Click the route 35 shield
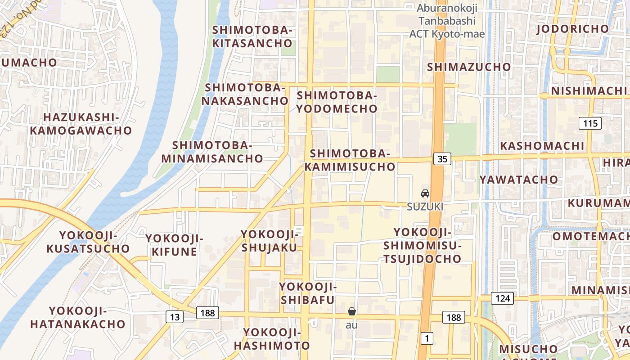pyautogui.click(x=443, y=158)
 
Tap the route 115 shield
pyautogui.click(x=590, y=123)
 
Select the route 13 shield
pyautogui.click(x=175, y=317)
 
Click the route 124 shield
pyautogui.click(x=502, y=298)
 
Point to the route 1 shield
pyautogui.click(x=426, y=338)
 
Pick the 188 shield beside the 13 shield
pyautogui.click(x=207, y=312)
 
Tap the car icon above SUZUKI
pyautogui.click(x=425, y=194)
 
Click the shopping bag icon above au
pyautogui.click(x=352, y=311)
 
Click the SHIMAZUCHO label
pyautogui.click(x=469, y=67)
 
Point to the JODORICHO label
pyautogui.click(x=572, y=29)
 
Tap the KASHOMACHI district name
pyautogui.click(x=542, y=146)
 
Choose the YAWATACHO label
pyautogui.click(x=518, y=180)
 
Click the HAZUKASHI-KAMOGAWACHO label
pyautogui.click(x=81, y=124)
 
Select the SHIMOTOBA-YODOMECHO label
pyautogui.click(x=337, y=102)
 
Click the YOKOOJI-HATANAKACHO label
pyautogui.click(x=78, y=317)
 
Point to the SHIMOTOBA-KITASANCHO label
pyautogui.click(x=252, y=37)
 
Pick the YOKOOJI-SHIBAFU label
pyautogui.click(x=308, y=293)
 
